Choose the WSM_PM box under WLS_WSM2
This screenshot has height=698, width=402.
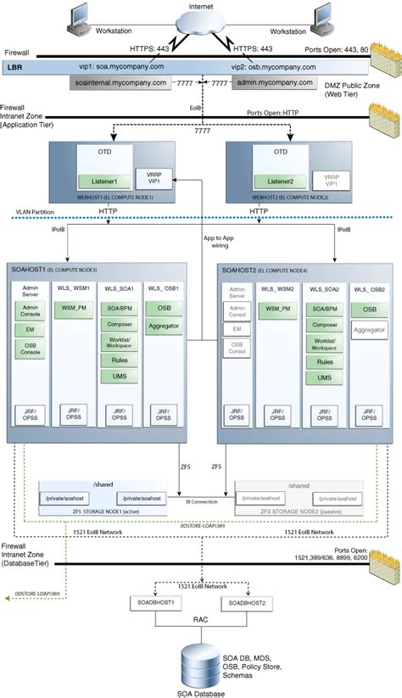pos(277,310)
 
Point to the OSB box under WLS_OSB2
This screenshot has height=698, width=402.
pos(369,310)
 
